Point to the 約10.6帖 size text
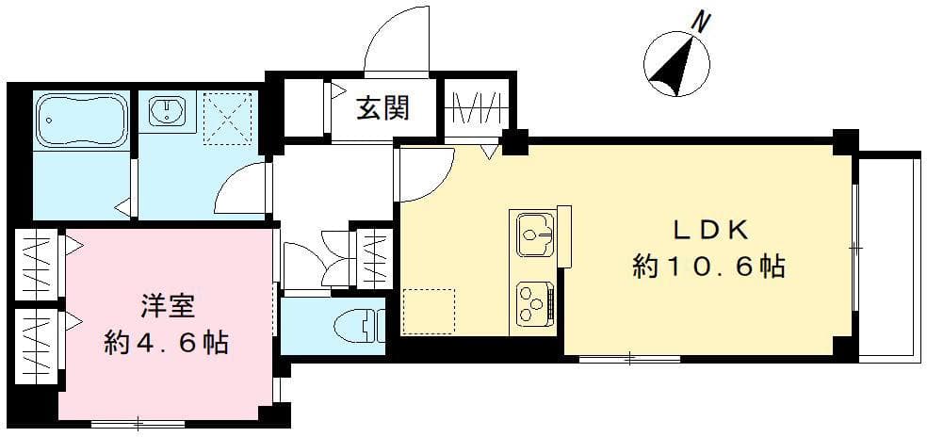708,268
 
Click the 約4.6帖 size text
166,341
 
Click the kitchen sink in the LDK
534,232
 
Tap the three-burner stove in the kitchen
534,302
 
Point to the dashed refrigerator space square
429,309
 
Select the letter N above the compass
699,19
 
